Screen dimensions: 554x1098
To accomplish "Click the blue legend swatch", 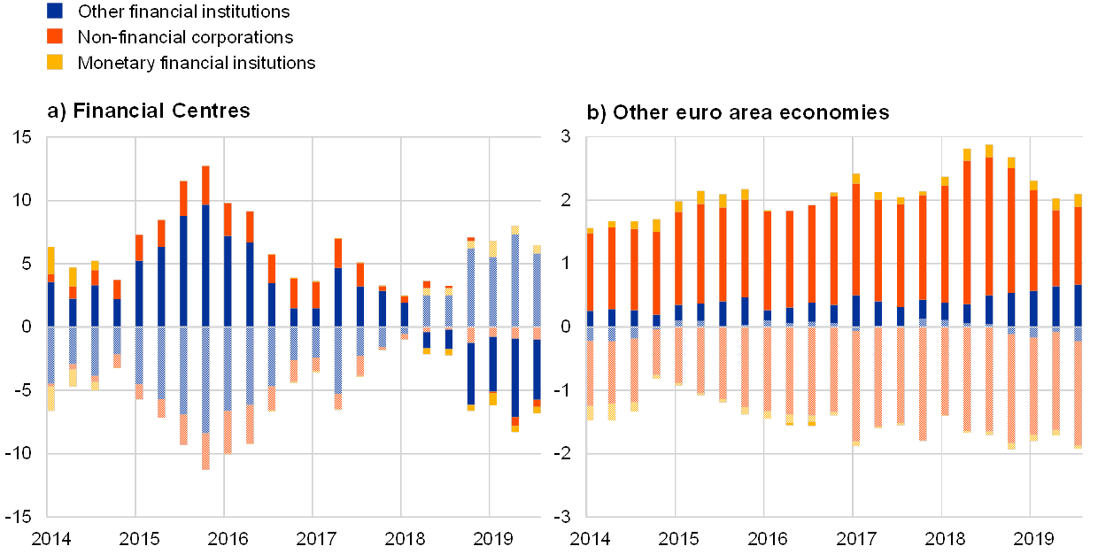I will click(55, 12).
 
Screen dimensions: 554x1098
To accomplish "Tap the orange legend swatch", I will click(55, 36).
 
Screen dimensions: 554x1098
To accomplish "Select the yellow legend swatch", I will click(55, 62).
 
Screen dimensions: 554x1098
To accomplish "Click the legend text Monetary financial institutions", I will click(197, 63).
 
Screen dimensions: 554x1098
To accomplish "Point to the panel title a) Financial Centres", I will click(149, 111).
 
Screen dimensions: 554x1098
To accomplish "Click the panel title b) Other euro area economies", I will click(739, 113).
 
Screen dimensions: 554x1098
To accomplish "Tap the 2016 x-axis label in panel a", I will click(228, 538).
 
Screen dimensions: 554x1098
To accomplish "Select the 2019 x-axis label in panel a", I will click(493, 538).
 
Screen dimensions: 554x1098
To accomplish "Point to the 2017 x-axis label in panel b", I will click(853, 538).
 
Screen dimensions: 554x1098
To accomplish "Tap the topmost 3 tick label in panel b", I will click(566, 137).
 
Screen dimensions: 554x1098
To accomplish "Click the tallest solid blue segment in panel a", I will click(205, 265).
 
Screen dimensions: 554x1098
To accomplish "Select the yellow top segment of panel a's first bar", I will click(50, 260).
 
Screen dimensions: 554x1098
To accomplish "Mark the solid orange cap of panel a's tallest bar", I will click(205, 185).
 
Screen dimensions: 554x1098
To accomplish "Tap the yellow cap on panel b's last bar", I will click(1078, 200).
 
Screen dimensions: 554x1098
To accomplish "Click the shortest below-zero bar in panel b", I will click(657, 353).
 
